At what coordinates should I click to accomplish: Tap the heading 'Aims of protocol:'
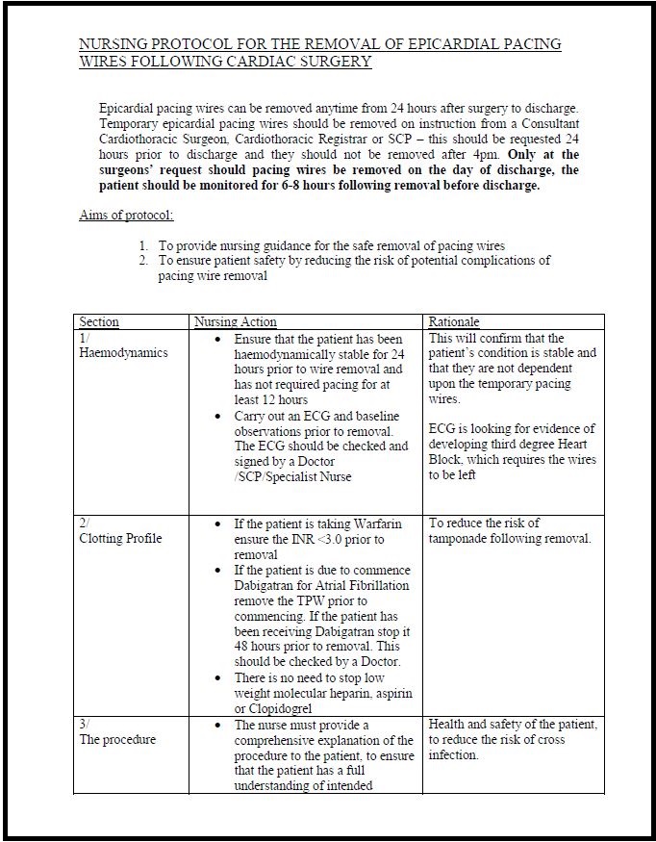[126, 216]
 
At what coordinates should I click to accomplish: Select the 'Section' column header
[99, 322]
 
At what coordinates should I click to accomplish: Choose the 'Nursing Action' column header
[236, 322]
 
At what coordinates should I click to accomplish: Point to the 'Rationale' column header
[454, 322]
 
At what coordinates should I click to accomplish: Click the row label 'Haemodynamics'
[123, 353]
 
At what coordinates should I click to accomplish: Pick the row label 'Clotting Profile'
[120, 539]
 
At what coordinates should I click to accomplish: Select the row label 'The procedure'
[117, 740]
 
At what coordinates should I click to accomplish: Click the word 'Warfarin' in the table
[376, 524]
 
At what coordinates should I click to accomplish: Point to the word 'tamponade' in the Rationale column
[460, 539]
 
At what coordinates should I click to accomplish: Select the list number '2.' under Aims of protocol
[144, 261]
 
